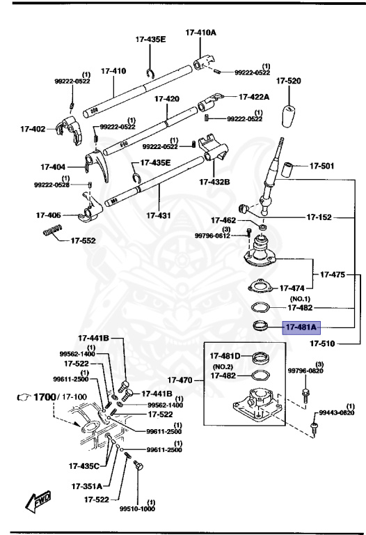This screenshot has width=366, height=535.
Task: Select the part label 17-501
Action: (x=321, y=166)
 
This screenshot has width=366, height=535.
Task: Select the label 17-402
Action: (x=32, y=129)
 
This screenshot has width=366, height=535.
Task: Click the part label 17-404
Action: (x=53, y=167)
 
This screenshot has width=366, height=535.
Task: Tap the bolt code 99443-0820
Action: (x=337, y=412)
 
